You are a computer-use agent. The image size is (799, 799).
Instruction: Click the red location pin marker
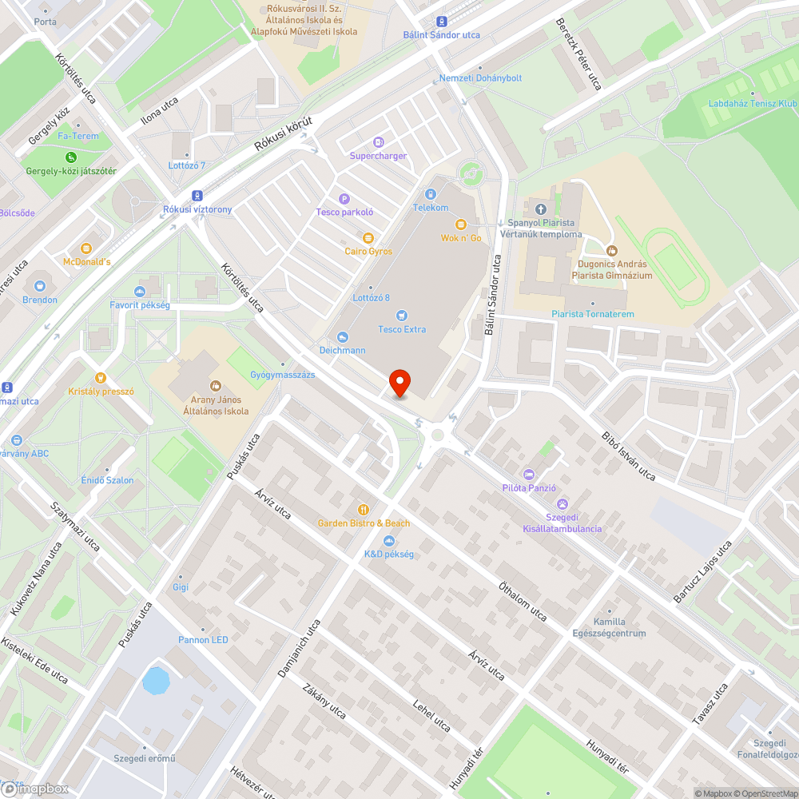pos(399,384)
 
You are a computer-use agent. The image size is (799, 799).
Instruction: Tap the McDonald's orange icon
pos(86,248)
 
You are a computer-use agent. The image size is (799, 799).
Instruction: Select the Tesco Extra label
pos(402,329)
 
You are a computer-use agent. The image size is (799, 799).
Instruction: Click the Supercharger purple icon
pos(378,141)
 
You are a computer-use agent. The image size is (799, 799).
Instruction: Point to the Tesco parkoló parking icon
pos(344,199)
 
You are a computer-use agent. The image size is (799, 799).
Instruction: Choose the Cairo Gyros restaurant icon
pos(368,238)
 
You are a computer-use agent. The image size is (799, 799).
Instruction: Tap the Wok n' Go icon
pos(461,225)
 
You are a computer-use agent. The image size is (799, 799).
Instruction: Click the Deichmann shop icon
pos(344,337)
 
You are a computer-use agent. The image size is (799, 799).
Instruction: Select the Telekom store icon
pos(431,194)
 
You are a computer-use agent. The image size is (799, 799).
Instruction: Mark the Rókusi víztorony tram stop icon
pos(197,196)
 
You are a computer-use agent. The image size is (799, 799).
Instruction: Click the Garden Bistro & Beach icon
pos(364,509)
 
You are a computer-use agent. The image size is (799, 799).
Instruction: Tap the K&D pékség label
pos(389,555)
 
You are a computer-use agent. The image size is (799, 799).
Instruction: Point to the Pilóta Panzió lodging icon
pos(527,475)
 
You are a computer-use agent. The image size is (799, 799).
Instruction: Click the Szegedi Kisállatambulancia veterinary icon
pos(562,504)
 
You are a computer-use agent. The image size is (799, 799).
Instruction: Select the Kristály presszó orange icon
pos(101,378)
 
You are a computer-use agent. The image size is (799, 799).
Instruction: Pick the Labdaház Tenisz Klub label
pos(752,104)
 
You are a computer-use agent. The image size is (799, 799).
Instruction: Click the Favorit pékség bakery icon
pos(140,292)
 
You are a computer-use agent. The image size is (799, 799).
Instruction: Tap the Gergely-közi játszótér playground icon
pos(71,157)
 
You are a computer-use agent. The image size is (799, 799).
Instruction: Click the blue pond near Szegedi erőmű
pos(156,681)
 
